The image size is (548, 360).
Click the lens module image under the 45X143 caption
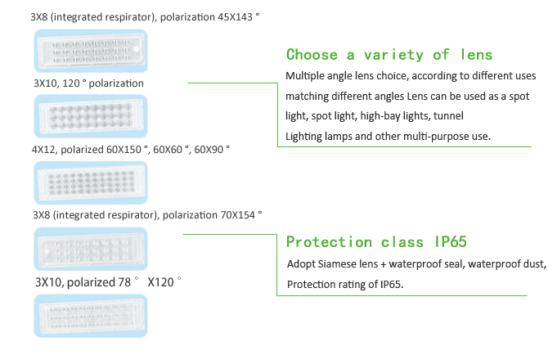pos(91,51)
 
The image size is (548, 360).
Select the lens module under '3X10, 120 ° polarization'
pos(91,116)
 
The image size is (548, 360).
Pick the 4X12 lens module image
pos(91,182)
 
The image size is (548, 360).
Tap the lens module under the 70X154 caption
pos(91,249)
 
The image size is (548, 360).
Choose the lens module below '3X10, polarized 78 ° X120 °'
pos(91,316)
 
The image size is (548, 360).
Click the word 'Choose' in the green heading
pos(312,55)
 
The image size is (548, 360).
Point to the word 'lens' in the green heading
pos(476,55)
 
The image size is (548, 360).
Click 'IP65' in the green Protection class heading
pos(451,242)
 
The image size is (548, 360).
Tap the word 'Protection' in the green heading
pos(329,242)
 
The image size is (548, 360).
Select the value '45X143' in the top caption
pos(235,17)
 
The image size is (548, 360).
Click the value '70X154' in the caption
pos(237,215)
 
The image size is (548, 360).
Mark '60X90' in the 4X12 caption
pos(209,150)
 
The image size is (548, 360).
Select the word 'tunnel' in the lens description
pos(448,116)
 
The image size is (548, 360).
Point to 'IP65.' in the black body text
pos(392,285)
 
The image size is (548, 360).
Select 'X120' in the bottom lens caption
pos(160,282)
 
